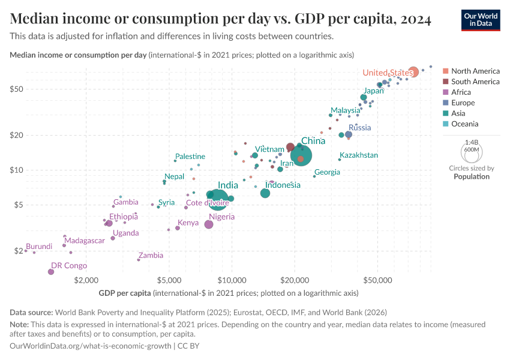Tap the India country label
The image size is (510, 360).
click(228, 185)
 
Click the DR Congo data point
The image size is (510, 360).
click(50, 272)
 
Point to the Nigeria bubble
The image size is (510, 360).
click(209, 224)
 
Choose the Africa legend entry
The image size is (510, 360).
click(461, 92)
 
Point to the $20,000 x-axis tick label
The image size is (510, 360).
click(294, 280)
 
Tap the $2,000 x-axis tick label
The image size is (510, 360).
click(86, 280)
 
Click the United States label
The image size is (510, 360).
click(388, 73)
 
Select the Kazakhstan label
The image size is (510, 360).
click(359, 155)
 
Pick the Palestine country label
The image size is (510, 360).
click(190, 156)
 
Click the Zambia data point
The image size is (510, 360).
click(139, 260)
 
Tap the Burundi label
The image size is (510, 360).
click(39, 247)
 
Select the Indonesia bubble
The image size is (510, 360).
click(265, 193)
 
